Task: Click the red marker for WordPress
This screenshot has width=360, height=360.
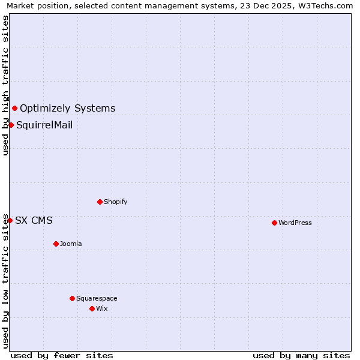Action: tap(274, 223)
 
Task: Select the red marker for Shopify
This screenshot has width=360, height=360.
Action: tap(100, 202)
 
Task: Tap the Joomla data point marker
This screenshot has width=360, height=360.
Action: tap(56, 244)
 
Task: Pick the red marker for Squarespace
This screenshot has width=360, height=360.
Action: tap(72, 298)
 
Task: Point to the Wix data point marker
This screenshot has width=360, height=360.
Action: tap(92, 308)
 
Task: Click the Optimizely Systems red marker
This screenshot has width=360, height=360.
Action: tap(14, 108)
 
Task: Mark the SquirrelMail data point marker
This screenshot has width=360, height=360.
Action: tap(11, 125)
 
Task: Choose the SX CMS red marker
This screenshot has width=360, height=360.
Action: tap(10, 220)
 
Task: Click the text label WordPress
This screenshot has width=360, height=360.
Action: tap(295, 223)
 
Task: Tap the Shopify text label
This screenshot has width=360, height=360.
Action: tap(115, 202)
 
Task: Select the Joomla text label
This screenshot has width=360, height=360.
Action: tap(71, 244)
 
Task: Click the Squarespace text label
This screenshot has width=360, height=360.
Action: tap(97, 298)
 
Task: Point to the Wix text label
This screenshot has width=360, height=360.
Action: tap(101, 308)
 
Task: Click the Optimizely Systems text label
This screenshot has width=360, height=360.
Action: tap(67, 109)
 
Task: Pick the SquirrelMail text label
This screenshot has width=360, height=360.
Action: tap(44, 125)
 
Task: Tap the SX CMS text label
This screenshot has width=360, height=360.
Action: tap(34, 221)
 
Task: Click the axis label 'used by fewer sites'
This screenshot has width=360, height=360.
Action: tap(62, 355)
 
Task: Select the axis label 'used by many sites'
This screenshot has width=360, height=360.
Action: tap(301, 355)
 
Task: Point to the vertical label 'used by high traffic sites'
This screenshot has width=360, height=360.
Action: tap(5, 85)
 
